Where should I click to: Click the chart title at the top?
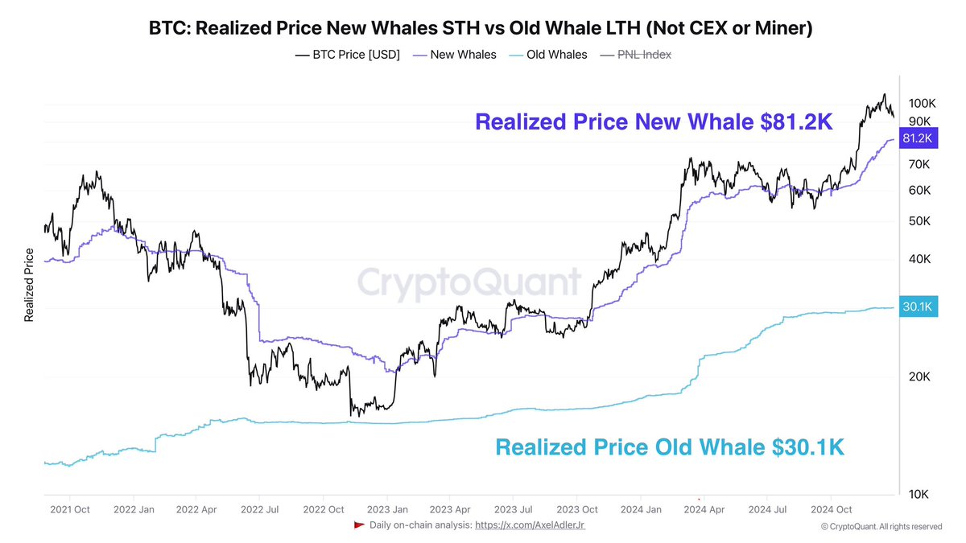[x=481, y=28]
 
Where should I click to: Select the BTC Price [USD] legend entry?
[x=348, y=55]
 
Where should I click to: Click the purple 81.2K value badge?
[x=918, y=138]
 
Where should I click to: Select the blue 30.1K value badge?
[x=918, y=307]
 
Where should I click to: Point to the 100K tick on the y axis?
[x=921, y=104]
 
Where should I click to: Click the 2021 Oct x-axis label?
[x=69, y=509]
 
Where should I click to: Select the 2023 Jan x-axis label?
[x=387, y=509]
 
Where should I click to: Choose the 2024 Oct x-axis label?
[x=831, y=509]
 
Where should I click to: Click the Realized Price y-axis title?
[x=29, y=285]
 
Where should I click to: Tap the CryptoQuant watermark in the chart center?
[x=469, y=283]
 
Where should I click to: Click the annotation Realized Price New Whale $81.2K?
[x=653, y=122]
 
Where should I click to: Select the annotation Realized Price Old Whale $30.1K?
[x=669, y=447]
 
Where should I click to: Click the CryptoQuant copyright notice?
[x=881, y=526]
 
